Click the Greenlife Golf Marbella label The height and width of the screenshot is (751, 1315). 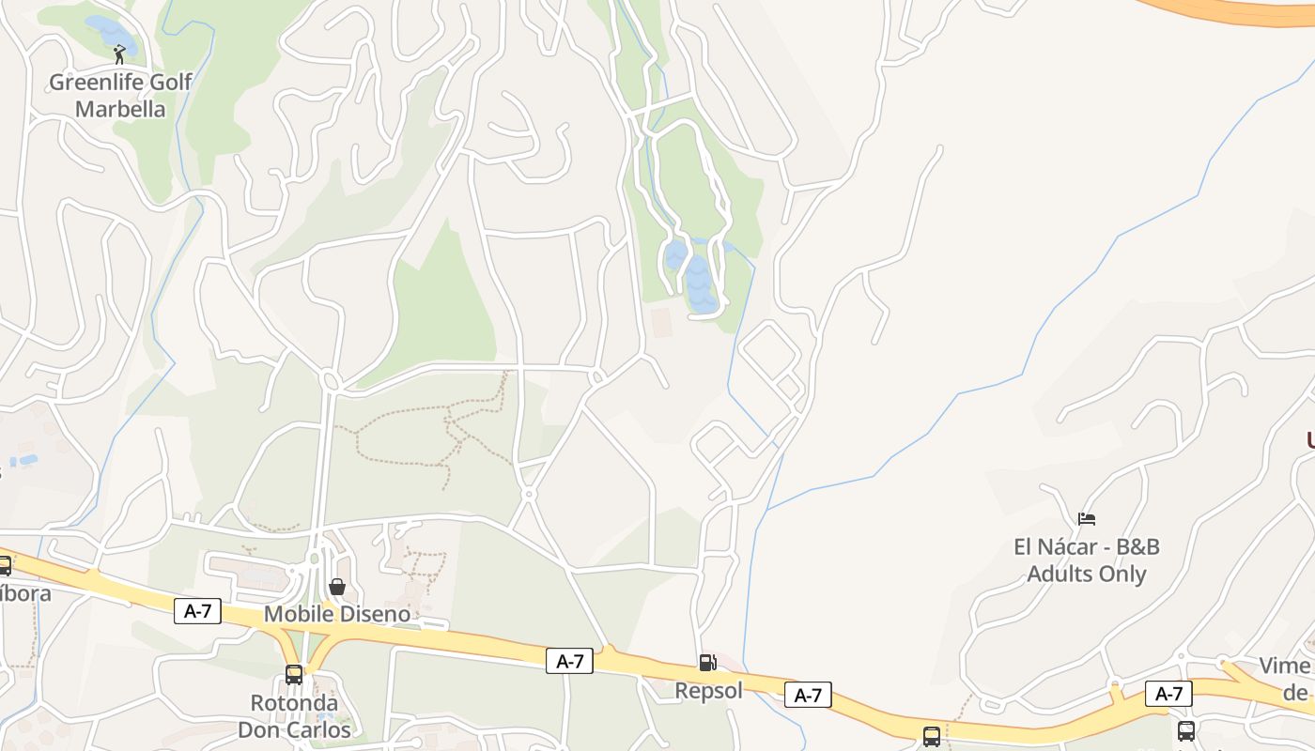(x=120, y=96)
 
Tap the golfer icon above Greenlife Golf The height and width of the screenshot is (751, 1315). (x=119, y=54)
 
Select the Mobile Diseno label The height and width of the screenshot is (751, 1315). (x=337, y=614)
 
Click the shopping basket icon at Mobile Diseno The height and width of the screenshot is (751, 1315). (x=337, y=587)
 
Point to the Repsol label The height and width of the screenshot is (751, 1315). (x=708, y=691)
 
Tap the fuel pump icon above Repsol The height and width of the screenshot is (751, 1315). (x=707, y=663)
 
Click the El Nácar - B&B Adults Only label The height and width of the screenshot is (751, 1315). (x=1087, y=560)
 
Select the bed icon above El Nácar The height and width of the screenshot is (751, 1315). (x=1087, y=518)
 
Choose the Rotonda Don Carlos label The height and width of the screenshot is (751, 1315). (x=294, y=716)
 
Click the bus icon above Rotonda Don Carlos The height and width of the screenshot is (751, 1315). (x=294, y=675)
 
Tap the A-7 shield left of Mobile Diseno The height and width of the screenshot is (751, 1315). (x=197, y=611)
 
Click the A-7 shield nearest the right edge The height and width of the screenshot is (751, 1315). (x=1168, y=694)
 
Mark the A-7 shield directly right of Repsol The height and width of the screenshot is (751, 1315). (x=808, y=695)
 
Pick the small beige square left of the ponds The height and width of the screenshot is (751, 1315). (x=662, y=322)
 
